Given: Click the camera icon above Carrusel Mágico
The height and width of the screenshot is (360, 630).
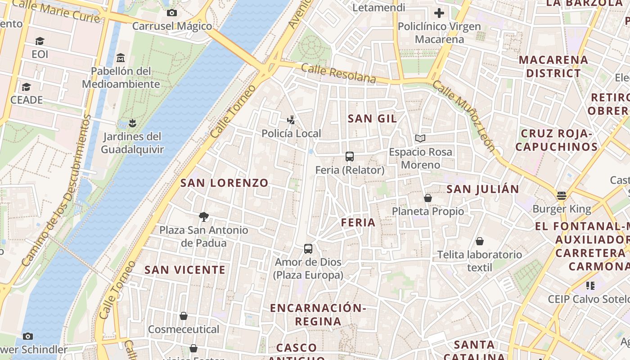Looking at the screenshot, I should tap(171, 13).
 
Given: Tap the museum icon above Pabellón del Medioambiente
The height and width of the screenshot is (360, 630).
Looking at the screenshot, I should tap(120, 58).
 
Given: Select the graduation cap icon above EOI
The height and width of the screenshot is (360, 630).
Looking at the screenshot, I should tap(40, 41).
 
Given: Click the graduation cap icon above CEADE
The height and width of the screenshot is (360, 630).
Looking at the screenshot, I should tap(26, 87).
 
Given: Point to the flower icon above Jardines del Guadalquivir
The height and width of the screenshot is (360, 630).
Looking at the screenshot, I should tap(132, 123).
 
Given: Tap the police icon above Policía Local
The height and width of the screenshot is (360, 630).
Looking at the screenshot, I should tap(291, 120).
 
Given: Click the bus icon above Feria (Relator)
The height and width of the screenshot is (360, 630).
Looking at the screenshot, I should tap(350, 157).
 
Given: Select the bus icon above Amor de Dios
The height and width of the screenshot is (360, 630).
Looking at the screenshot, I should tap(308, 249).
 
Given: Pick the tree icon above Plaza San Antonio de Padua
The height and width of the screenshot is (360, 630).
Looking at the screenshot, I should tap(204, 217).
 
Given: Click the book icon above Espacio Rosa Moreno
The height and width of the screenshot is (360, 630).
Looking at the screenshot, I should tap(420, 139).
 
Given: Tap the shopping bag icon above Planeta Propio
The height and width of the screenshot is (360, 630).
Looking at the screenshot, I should tap(428, 198).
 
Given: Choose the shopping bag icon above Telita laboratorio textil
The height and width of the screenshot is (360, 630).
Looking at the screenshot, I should tap(480, 242).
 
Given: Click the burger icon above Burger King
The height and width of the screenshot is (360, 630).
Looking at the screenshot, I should tap(561, 196).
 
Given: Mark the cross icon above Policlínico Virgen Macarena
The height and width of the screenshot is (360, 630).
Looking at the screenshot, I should tap(439, 13).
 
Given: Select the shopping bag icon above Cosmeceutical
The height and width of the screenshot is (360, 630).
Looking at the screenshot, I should tap(184, 316).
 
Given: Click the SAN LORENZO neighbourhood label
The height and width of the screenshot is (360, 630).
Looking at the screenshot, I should tap(224, 183).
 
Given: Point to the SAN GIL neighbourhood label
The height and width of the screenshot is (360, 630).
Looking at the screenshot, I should tap(372, 119).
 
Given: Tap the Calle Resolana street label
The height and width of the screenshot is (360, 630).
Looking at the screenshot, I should tap(338, 73).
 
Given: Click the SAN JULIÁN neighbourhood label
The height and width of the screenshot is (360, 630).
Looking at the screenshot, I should tap(482, 189).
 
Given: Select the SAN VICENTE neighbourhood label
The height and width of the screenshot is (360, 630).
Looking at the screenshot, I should tap(185, 270).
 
